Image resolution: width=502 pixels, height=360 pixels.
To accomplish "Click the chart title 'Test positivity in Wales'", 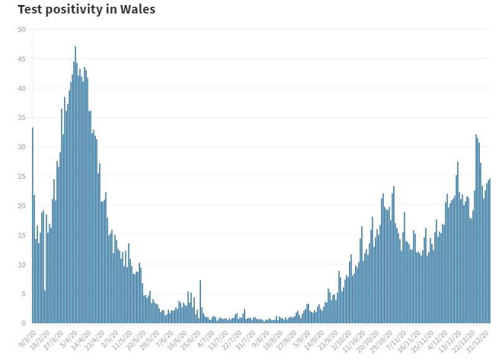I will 86,10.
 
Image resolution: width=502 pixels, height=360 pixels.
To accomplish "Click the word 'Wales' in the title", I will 136,10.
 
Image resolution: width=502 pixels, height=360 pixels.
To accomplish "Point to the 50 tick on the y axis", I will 22,29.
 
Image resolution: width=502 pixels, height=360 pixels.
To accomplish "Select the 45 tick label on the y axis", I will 22,59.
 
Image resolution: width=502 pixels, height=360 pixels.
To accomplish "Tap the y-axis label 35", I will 22,118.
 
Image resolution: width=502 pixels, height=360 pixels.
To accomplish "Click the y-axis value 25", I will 22,176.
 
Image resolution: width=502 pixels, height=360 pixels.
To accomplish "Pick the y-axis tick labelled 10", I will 22,265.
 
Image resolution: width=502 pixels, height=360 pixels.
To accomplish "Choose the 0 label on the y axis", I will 23,323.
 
